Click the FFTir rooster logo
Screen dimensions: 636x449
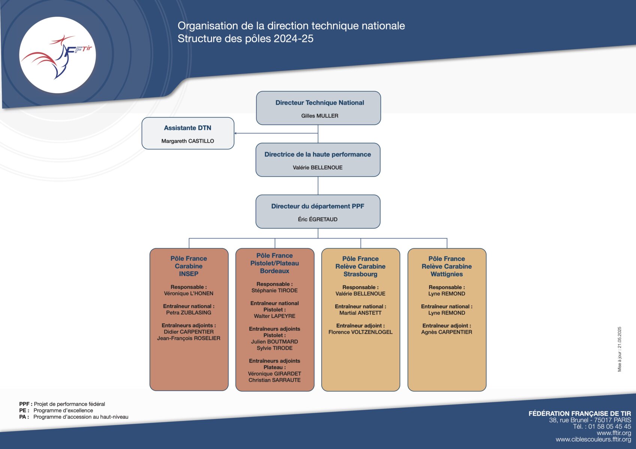57,55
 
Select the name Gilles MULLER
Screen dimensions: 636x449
320,116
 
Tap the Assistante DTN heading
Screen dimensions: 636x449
188,128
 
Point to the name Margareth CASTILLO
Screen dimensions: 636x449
188,141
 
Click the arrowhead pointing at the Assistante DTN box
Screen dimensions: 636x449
235,133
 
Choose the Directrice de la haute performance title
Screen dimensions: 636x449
318,155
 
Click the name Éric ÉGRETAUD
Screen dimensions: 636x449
318,219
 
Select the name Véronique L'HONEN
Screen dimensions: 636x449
189,293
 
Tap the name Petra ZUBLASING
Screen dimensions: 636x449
189,313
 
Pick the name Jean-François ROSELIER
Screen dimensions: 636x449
189,338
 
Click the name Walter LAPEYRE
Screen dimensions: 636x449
275,316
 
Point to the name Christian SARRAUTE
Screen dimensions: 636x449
275,380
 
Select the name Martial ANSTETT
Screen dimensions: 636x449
360,313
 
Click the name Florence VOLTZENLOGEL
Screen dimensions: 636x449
360,332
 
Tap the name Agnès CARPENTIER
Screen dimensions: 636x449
447,332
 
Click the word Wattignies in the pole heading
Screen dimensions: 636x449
447,274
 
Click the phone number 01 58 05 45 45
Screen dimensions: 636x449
610,426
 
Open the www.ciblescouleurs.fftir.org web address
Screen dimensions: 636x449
593,439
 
